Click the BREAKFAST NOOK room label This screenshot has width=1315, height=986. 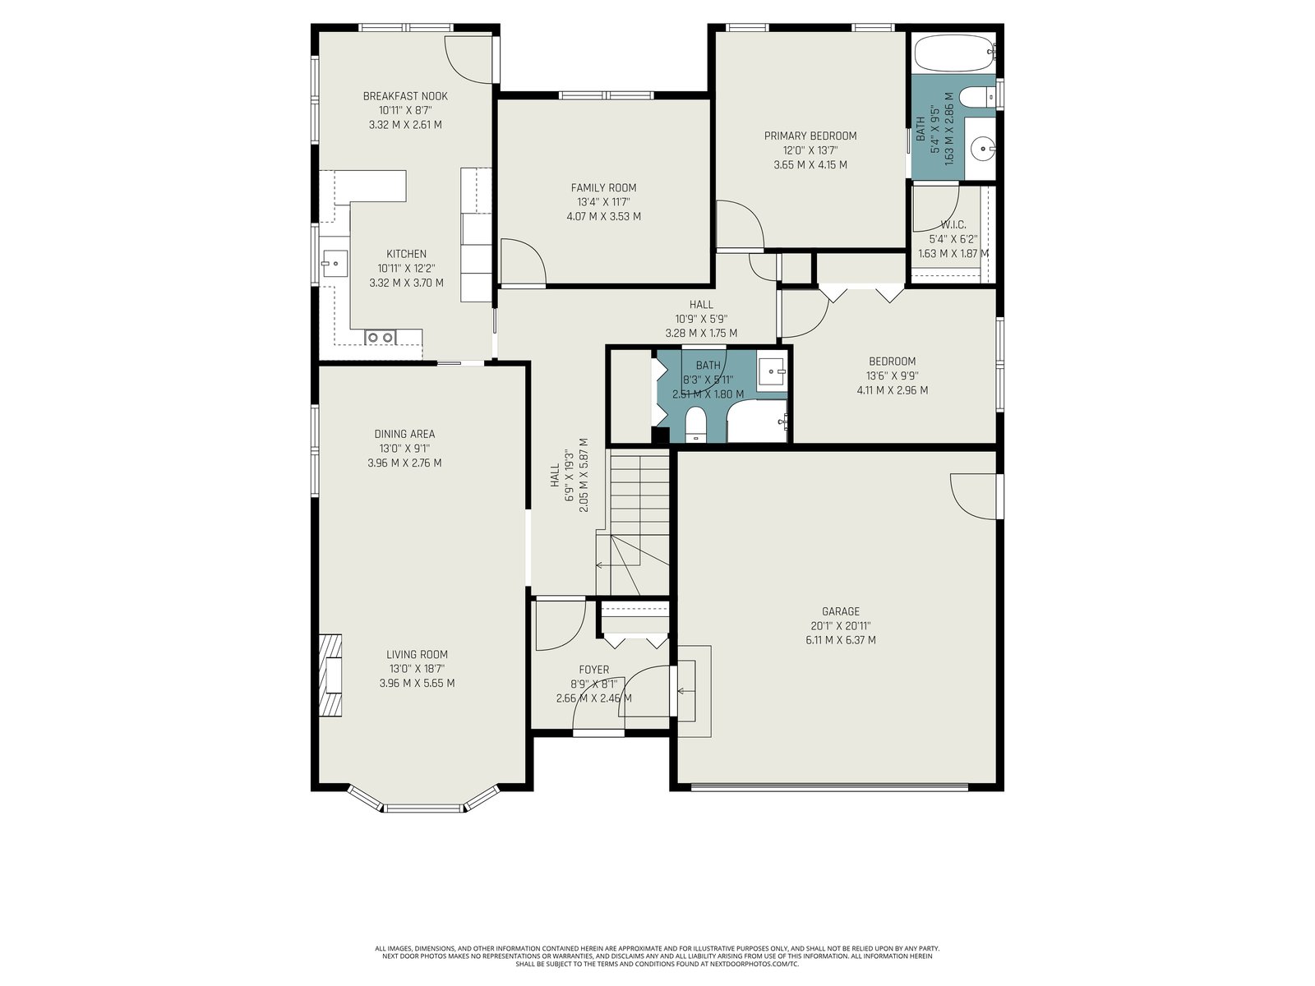405,96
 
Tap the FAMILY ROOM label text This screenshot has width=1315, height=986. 603,188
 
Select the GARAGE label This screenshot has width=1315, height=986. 841,611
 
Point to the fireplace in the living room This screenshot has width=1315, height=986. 330,675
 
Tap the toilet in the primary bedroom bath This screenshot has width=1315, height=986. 976,96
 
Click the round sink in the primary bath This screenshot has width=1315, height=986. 981,146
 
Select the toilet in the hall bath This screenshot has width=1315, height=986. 696,425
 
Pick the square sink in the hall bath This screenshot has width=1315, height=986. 772,373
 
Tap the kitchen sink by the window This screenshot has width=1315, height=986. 335,264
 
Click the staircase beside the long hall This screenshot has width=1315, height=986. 633,522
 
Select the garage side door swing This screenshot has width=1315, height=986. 976,495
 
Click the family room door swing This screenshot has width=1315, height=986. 523,261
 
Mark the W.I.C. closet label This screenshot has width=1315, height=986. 953,225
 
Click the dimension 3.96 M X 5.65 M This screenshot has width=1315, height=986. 417,684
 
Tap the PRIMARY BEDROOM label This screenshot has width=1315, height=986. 810,136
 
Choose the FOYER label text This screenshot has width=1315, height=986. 593,670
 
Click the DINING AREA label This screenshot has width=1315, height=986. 404,434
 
